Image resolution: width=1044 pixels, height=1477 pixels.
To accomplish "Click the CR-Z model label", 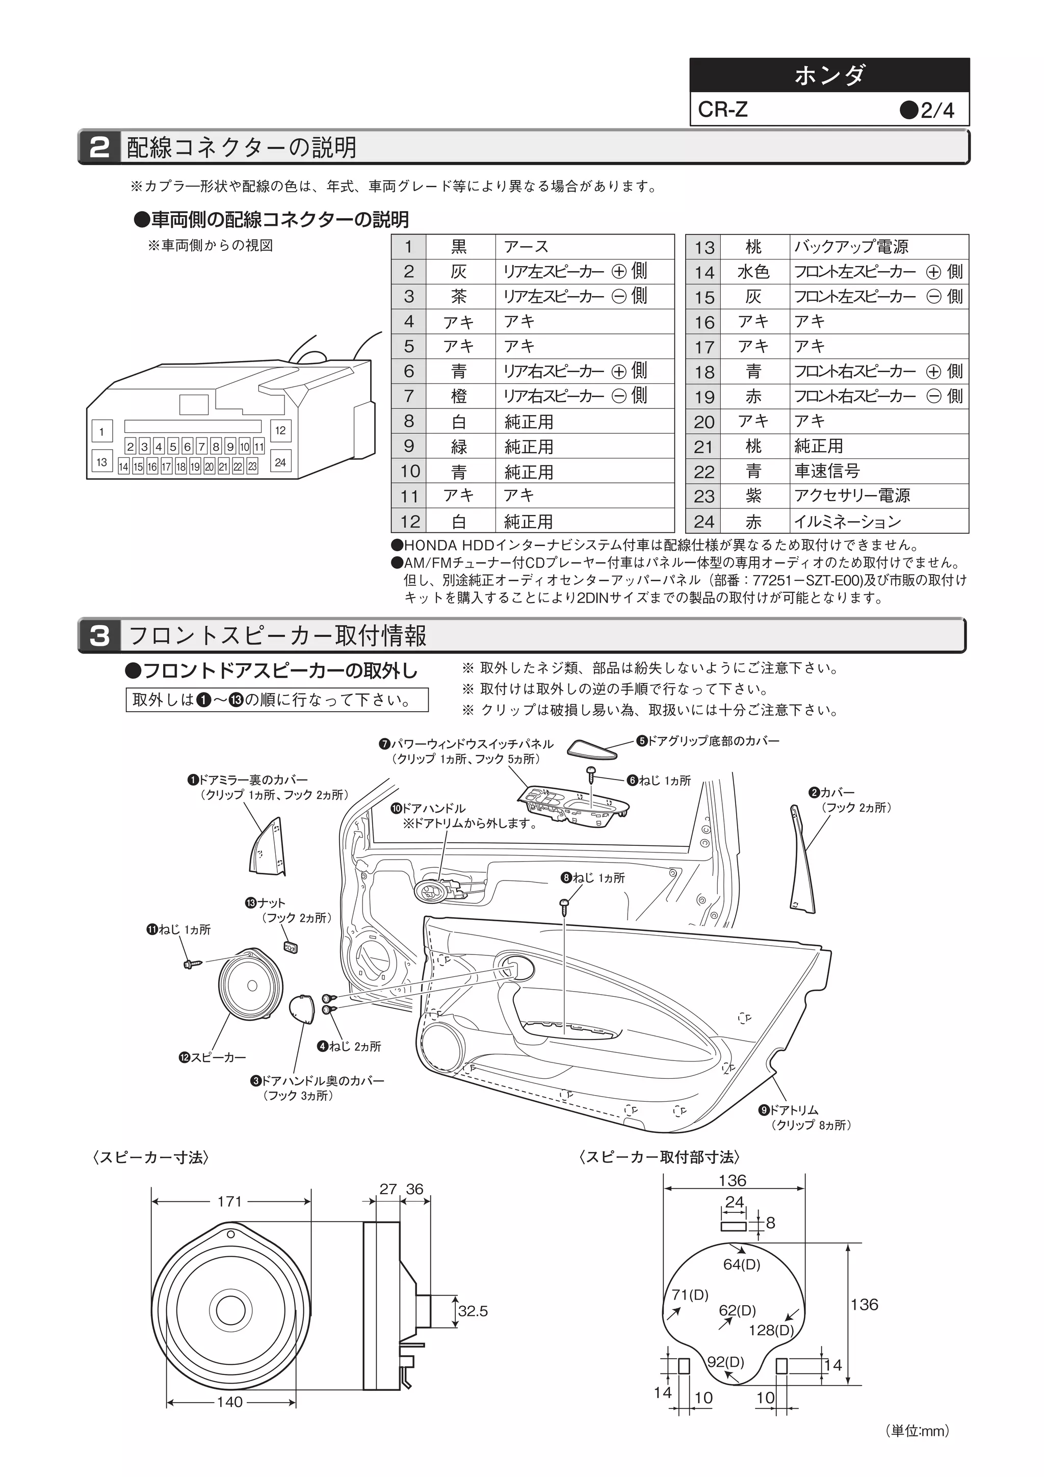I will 723,110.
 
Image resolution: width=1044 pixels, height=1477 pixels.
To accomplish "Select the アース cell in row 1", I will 584,246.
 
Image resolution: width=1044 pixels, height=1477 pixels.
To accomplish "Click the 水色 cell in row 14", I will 753,271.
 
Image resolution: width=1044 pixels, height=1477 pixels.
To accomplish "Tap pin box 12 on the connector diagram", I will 280,430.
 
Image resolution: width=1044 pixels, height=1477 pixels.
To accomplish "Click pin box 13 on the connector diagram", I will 101,462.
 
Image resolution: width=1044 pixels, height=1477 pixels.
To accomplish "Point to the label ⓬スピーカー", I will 212,1057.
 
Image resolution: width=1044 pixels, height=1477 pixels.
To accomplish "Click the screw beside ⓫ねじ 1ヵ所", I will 191,964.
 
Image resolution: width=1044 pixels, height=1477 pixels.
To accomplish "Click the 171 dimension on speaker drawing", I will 229,1201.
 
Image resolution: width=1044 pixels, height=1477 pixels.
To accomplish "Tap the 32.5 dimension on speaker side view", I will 473,1311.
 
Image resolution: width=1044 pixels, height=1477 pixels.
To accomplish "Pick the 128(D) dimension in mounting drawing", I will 771,1330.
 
